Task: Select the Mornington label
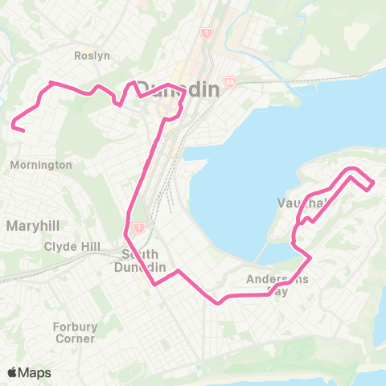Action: (x=42, y=165)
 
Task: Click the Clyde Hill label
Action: (x=73, y=245)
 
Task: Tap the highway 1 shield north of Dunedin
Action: (x=207, y=33)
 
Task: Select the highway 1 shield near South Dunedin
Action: (x=139, y=228)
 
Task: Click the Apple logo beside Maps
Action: (x=13, y=372)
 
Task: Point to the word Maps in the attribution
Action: (x=35, y=372)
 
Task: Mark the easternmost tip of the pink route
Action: (x=373, y=186)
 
